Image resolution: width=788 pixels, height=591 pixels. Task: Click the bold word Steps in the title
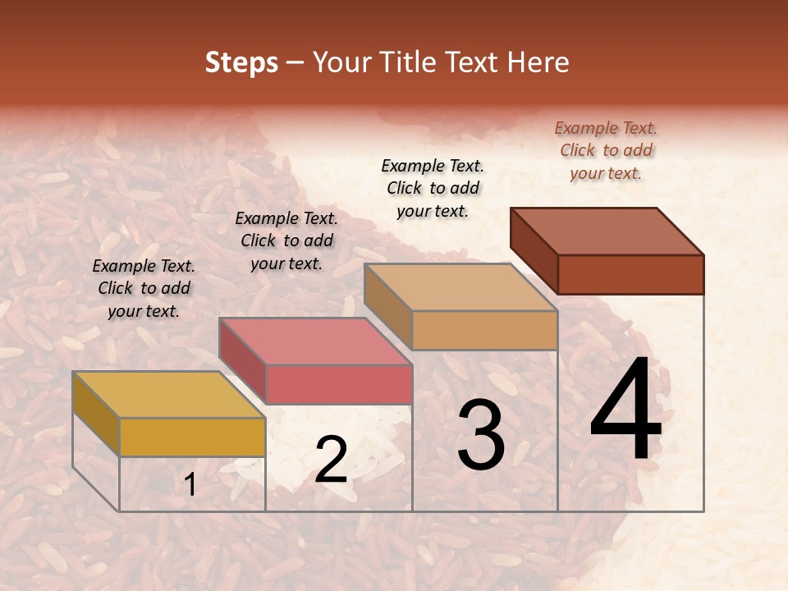241,62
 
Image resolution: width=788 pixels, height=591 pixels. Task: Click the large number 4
626,410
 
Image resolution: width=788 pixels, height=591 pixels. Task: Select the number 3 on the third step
480,434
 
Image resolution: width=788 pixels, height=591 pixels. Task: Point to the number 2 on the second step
331,460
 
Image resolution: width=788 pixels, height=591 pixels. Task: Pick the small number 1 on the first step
190,484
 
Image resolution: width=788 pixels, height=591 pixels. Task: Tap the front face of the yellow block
192,437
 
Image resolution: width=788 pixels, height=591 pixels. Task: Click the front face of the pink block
338,384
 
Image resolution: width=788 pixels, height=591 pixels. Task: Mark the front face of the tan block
484,330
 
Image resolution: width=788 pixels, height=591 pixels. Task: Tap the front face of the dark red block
630,274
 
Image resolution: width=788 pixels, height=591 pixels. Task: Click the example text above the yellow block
144,289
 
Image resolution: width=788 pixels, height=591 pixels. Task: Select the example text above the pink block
286,241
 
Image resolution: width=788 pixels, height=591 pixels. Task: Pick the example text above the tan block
433,188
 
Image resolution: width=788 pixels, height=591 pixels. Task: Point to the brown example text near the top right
606,150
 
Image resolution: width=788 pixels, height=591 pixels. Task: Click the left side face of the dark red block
534,250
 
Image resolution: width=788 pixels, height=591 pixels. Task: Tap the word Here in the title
538,62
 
